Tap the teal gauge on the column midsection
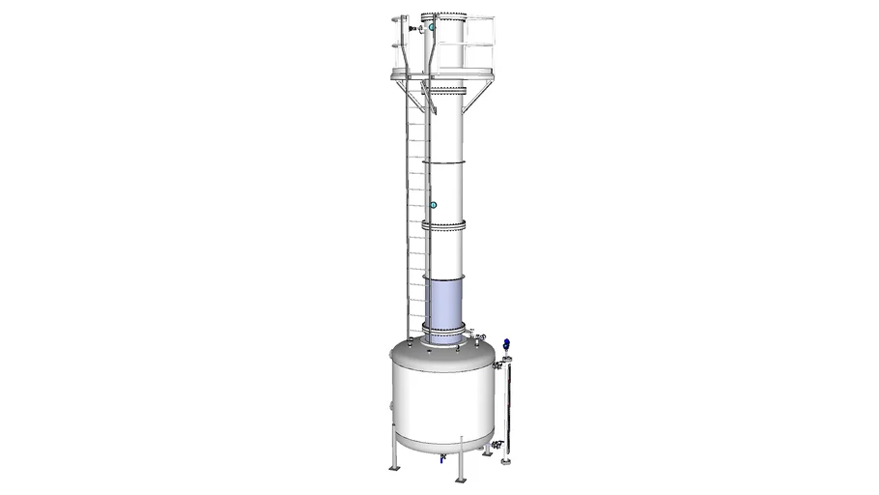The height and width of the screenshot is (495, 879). (x=433, y=205)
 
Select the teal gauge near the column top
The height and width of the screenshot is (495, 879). (x=433, y=29)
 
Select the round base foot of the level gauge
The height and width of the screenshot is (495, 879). (x=505, y=460)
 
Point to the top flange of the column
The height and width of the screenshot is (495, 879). (x=444, y=15)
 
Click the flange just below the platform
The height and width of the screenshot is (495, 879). (x=444, y=90)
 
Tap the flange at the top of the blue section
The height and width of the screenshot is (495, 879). (x=444, y=277)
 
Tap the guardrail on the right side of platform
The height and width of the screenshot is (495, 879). (x=483, y=44)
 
